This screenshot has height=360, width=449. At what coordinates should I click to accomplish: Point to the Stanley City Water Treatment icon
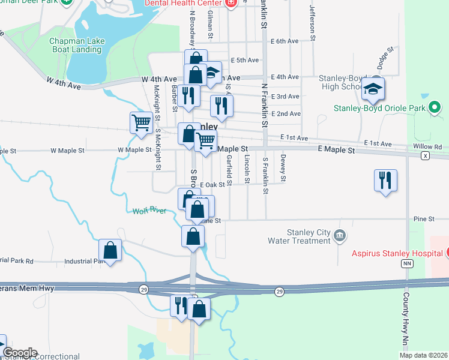click(340, 235)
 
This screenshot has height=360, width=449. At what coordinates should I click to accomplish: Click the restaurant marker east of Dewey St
click(385, 180)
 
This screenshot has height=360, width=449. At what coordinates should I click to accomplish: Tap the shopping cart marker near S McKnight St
click(141, 122)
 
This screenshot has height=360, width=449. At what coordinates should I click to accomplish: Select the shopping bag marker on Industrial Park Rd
click(110, 249)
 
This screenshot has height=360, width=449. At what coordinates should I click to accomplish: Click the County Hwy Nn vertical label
click(406, 321)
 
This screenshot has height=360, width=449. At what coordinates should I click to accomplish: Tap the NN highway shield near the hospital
click(408, 263)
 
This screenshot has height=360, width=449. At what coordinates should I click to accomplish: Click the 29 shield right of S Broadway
click(279, 291)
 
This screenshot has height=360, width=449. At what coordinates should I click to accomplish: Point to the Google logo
click(19, 353)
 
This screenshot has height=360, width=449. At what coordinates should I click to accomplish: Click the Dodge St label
click(384, 57)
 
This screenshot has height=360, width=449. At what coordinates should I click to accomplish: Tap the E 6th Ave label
click(285, 41)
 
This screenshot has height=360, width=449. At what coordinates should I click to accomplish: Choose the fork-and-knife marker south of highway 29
click(181, 305)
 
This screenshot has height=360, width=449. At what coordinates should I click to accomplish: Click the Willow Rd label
click(427, 146)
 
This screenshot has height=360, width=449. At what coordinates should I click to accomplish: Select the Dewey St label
click(283, 166)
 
